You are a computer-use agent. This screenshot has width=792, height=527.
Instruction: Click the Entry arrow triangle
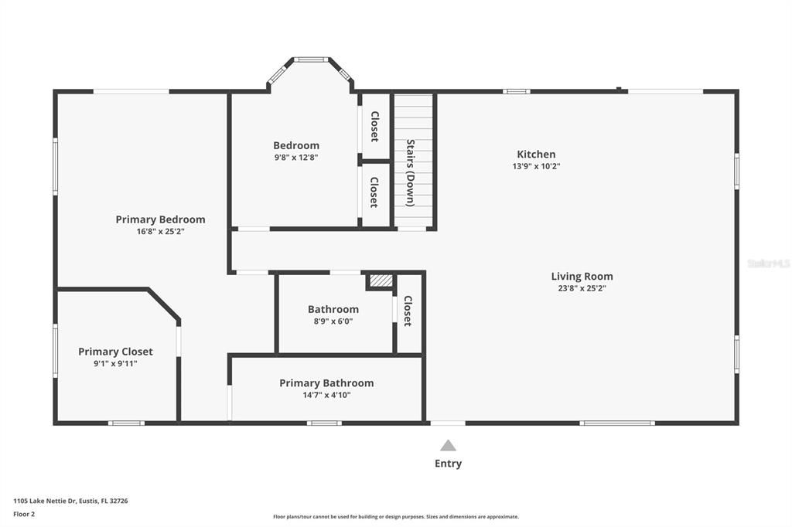point(448,445)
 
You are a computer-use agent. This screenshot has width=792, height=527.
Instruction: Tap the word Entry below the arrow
point(448,464)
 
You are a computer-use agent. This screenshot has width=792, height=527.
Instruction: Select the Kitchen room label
point(536,154)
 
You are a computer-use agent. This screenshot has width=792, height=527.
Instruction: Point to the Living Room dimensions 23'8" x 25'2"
point(582,288)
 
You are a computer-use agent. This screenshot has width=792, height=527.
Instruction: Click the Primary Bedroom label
point(161,219)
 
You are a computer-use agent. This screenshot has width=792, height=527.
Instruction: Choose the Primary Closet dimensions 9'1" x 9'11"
point(115,363)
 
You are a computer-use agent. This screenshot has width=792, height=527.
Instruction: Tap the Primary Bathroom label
point(327,383)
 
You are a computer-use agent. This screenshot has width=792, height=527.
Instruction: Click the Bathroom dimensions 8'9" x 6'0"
point(333,321)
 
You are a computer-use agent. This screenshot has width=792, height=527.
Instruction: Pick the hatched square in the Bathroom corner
point(381,280)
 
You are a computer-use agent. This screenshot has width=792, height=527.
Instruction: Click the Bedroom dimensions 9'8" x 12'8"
point(296,157)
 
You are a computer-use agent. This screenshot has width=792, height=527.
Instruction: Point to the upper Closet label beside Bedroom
point(375,126)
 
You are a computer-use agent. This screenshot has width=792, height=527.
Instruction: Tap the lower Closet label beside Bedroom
point(374,192)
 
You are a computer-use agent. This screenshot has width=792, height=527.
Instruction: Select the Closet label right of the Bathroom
point(408,311)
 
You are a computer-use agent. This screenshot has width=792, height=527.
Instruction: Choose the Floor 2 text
point(24,515)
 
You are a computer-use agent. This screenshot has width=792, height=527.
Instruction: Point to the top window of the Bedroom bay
point(311,59)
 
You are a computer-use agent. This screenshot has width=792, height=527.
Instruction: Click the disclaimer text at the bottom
point(396,517)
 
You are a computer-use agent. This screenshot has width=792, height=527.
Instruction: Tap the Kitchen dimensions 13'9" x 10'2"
point(536,166)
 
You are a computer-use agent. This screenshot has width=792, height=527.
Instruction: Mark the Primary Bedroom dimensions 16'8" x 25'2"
point(161,232)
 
